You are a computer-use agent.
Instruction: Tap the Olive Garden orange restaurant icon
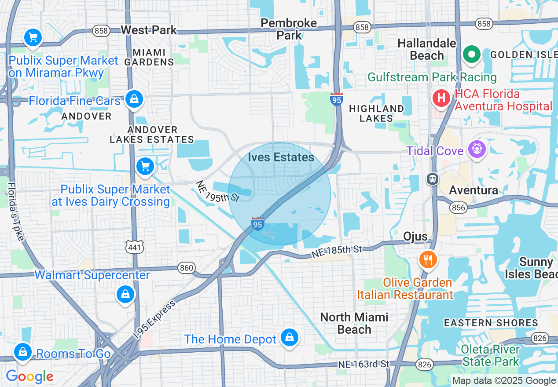(x=427, y=259)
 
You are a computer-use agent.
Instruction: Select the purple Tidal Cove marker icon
(x=477, y=149)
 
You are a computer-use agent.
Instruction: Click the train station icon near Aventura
(x=433, y=179)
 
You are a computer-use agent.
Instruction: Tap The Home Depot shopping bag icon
(x=289, y=338)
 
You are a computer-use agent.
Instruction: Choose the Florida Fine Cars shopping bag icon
(x=134, y=99)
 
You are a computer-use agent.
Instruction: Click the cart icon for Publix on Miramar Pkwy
(x=33, y=38)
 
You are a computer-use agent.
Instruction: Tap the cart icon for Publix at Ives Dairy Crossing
(x=145, y=166)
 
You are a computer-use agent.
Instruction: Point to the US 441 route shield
(x=134, y=248)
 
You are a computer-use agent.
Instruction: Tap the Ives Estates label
(x=281, y=157)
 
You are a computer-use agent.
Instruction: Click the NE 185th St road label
(x=337, y=252)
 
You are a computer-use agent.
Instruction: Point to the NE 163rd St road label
(x=364, y=364)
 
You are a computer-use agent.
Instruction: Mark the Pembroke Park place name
(x=289, y=29)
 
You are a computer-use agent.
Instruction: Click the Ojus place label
(x=415, y=237)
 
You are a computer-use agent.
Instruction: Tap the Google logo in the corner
(x=29, y=377)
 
